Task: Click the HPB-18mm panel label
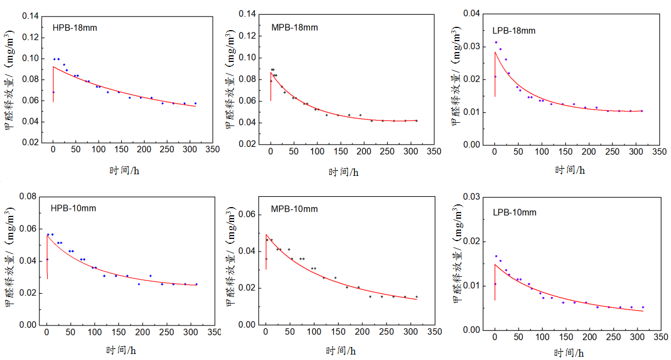point(75,27)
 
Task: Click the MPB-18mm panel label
point(294,27)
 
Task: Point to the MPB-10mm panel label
point(294,209)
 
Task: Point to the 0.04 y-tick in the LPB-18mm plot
point(471,14)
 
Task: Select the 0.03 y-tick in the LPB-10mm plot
point(471,197)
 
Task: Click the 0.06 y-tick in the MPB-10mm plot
point(247,214)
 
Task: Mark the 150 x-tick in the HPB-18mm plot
point(122,149)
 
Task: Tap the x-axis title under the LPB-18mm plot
point(570,170)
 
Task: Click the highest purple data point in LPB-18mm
point(496,42)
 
